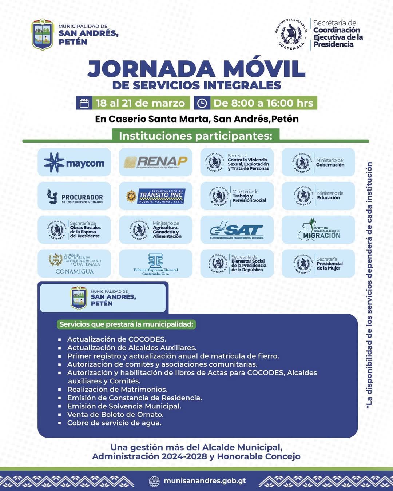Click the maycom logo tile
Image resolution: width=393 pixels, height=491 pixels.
74,162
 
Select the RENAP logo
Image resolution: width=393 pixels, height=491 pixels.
156,162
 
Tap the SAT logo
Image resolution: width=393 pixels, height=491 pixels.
237,230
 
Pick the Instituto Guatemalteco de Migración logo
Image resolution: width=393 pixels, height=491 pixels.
318,230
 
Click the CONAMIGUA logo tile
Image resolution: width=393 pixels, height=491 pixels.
74,264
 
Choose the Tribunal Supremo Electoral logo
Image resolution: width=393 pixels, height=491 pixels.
156,264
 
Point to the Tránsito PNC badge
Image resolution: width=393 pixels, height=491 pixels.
156,196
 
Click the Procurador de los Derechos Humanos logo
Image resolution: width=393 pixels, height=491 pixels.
74,196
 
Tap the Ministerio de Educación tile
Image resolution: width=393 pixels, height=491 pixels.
318,196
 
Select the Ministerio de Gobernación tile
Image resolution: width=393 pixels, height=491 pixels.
318,162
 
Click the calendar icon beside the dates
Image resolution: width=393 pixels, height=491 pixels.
84,103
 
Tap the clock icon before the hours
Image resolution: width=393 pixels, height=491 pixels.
202,103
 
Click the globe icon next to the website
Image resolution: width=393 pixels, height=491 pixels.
154,481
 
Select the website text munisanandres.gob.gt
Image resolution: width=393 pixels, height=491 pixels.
205,481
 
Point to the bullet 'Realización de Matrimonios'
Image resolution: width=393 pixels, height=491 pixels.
117,390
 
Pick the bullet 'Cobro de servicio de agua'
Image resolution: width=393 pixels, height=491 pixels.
114,423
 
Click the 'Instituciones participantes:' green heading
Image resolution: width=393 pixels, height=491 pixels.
195,136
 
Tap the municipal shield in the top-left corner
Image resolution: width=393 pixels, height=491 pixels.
43,35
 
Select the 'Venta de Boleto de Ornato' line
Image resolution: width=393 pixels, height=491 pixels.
115,415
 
